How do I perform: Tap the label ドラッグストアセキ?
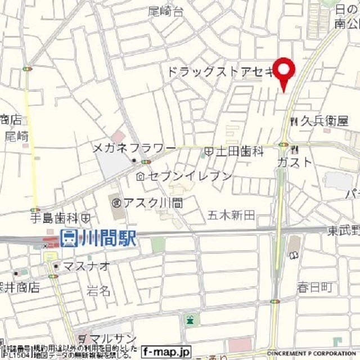point(220,71)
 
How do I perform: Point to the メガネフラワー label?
point(134,148)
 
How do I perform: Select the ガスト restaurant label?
point(294,162)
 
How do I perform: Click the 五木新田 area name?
point(231,214)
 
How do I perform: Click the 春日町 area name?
point(315,287)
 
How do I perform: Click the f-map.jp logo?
point(166,351)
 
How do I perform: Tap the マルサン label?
point(110,339)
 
